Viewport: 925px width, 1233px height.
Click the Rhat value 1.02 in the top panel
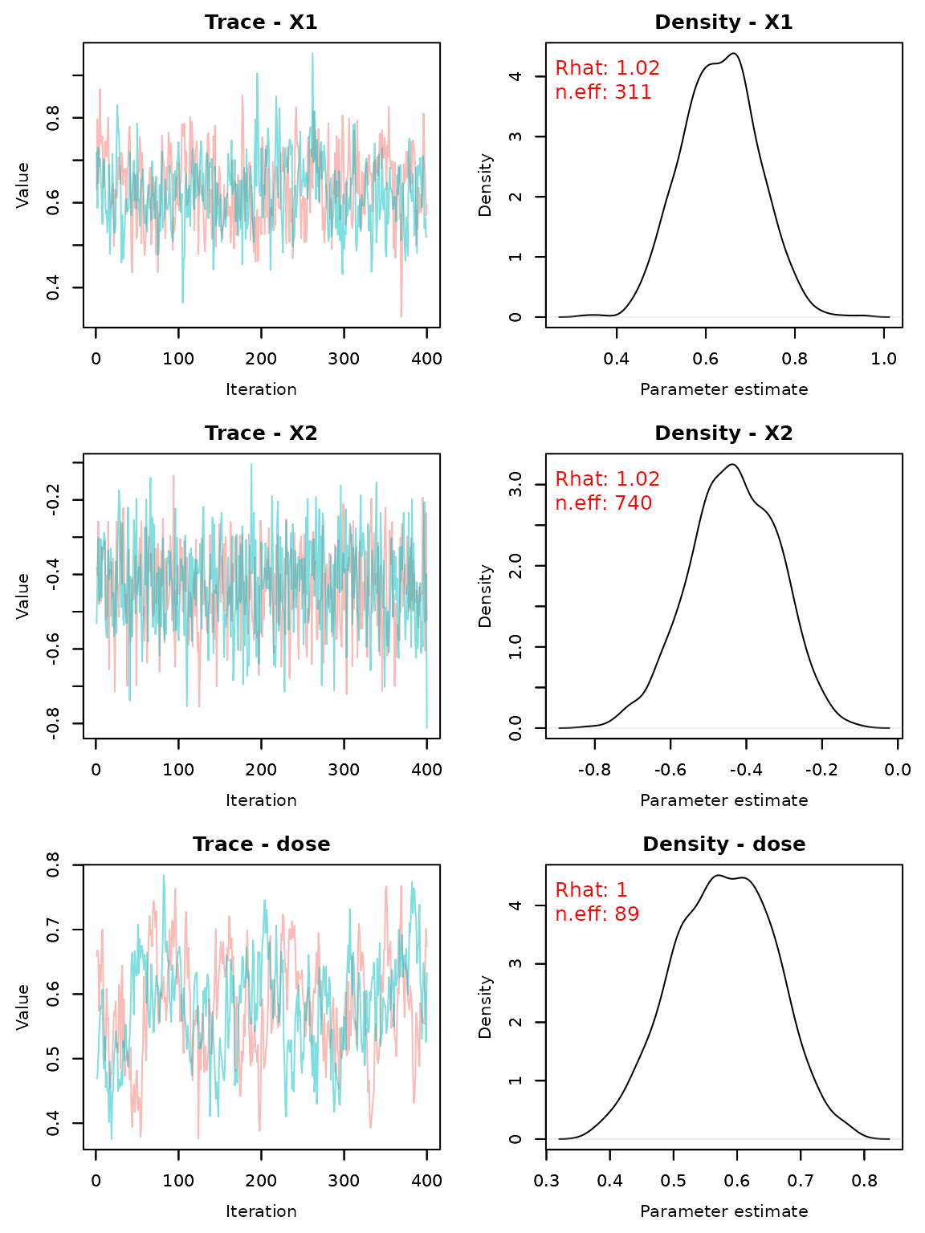coord(638,69)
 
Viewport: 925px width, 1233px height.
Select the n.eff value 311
coord(633,93)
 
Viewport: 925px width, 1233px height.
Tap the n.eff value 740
coord(633,504)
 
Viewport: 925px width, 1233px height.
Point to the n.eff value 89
coord(626,915)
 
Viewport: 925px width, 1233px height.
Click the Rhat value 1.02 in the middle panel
coord(638,480)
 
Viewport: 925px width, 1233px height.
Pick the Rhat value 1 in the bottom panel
coord(621,891)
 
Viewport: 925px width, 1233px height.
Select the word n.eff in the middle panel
coord(580,504)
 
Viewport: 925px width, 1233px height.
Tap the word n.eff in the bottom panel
coord(580,915)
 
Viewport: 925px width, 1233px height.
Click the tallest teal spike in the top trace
coord(312,55)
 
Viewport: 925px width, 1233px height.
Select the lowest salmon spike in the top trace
coord(401,315)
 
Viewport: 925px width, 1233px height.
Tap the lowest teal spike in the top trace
coord(182,301)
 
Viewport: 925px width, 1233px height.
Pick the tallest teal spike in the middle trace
coord(251,466)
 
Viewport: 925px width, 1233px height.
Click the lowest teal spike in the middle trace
coord(426,726)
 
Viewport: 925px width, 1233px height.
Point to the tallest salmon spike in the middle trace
coord(173,477)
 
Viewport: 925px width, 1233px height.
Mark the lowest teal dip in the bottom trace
coord(111,1137)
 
